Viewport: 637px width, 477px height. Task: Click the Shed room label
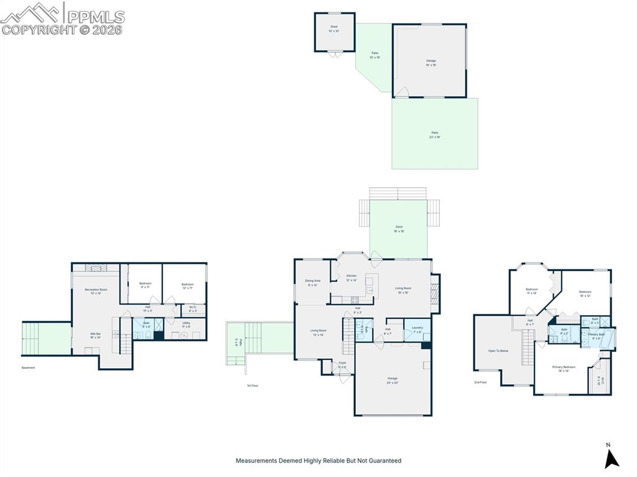click(x=334, y=27)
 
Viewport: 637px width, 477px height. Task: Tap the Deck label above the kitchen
click(x=399, y=227)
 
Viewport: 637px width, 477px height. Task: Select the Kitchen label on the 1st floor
click(x=351, y=276)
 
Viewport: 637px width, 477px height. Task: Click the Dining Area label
click(x=313, y=281)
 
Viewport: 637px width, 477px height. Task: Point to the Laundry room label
click(x=417, y=327)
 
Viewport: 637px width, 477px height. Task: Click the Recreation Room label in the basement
click(x=96, y=290)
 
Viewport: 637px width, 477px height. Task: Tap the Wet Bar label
click(x=95, y=334)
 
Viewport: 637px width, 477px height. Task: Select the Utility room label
click(x=186, y=323)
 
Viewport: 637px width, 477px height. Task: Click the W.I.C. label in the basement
click(x=193, y=308)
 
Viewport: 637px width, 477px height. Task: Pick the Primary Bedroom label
click(x=564, y=367)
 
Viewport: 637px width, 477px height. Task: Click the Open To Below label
click(x=498, y=351)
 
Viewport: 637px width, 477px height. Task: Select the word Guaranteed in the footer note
click(x=386, y=461)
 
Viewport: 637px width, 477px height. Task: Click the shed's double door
click(x=335, y=55)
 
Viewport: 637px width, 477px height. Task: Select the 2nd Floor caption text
click(x=480, y=382)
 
